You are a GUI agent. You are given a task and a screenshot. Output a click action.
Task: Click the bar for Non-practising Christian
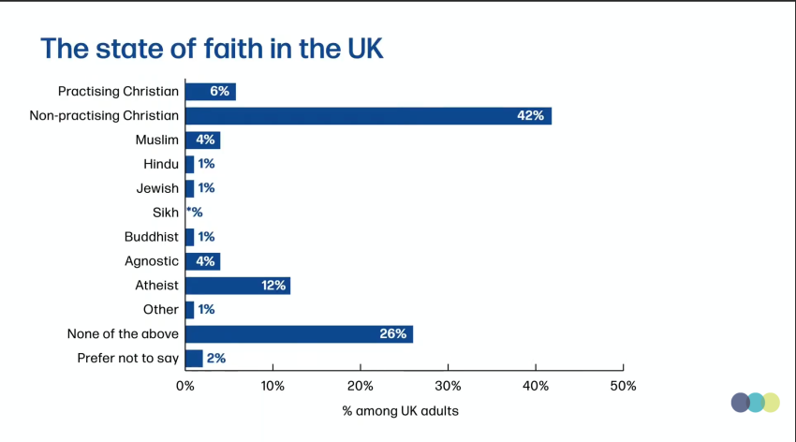click(x=368, y=116)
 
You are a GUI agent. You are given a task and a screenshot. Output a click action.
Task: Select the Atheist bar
click(x=238, y=286)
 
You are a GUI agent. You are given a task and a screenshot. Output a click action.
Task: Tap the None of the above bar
click(x=299, y=334)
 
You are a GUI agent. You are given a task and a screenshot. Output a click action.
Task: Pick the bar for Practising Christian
click(x=210, y=92)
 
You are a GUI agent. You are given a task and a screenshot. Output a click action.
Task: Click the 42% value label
click(x=530, y=116)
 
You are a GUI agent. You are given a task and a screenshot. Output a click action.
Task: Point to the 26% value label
click(x=392, y=334)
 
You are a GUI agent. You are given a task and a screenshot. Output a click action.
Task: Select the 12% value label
click(x=273, y=286)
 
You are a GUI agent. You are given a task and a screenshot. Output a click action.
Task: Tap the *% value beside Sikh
click(x=194, y=213)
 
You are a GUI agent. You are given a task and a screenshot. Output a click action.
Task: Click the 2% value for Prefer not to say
click(x=215, y=359)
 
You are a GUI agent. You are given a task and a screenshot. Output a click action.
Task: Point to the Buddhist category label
click(x=152, y=237)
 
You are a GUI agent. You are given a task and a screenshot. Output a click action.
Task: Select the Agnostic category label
click(x=152, y=261)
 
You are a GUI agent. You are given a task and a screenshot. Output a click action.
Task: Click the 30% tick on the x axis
click(x=448, y=386)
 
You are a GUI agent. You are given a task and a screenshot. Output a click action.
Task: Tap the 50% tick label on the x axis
click(x=623, y=386)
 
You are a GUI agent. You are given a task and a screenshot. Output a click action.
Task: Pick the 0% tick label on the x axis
click(x=184, y=386)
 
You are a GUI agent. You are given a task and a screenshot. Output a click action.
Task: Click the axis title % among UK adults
click(x=401, y=410)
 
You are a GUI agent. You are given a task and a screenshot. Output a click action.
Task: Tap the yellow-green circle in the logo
click(x=770, y=403)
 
